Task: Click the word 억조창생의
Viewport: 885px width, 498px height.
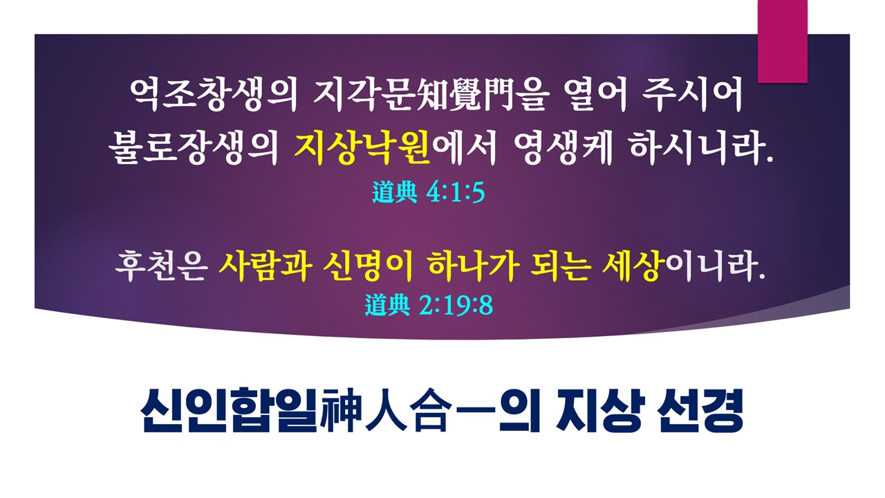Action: pyautogui.click(x=214, y=95)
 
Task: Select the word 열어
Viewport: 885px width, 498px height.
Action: pyautogui.click(x=596, y=95)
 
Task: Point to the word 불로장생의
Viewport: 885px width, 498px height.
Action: pyautogui.click(x=194, y=148)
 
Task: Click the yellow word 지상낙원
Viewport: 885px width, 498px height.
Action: pyautogui.click(x=362, y=148)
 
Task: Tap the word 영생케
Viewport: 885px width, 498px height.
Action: pyautogui.click(x=563, y=148)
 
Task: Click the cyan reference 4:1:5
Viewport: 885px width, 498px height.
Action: pyautogui.click(x=456, y=193)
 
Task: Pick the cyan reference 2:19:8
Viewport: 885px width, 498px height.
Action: pyautogui.click(x=456, y=305)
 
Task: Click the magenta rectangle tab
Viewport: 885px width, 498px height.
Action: pyautogui.click(x=782, y=41)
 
